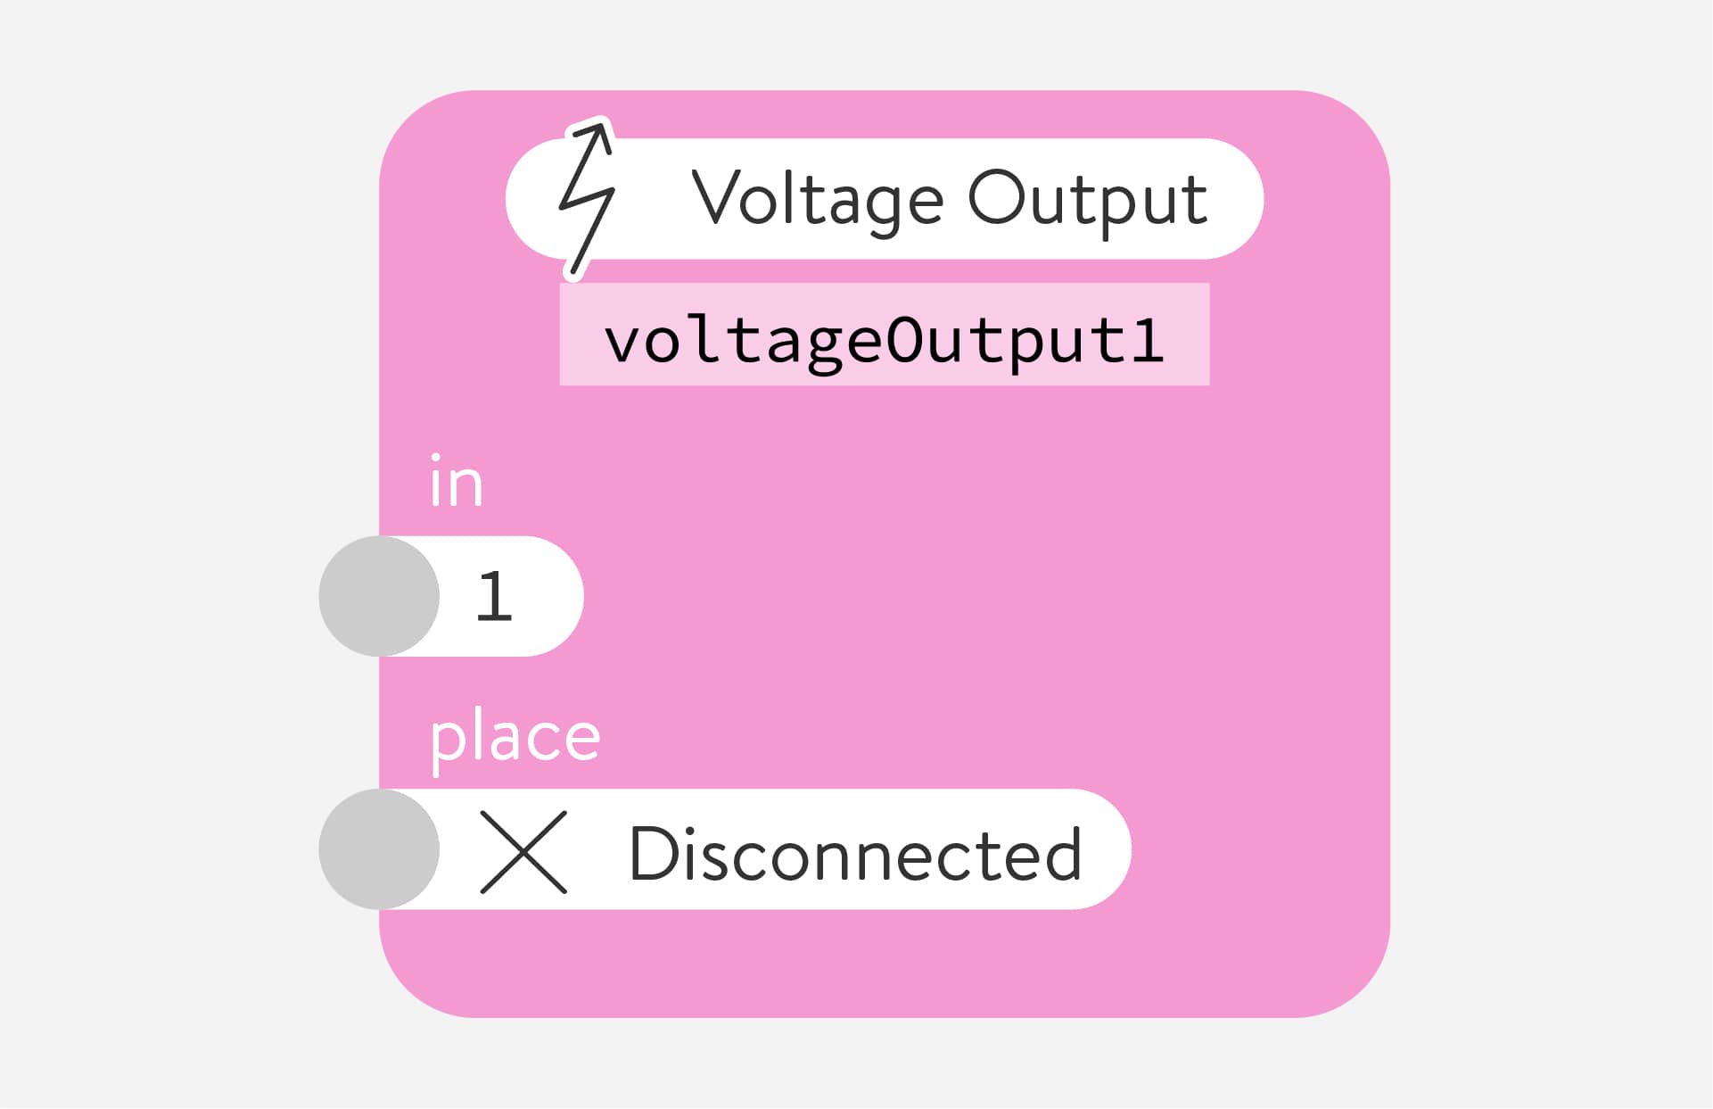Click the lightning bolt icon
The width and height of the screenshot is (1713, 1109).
(x=586, y=198)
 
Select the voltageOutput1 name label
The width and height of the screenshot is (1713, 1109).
(x=884, y=339)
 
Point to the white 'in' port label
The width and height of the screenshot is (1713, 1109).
(x=456, y=483)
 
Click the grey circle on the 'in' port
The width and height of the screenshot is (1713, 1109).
(x=379, y=596)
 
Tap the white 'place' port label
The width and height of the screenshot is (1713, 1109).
(x=515, y=737)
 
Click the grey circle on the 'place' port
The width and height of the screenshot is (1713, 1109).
(x=379, y=849)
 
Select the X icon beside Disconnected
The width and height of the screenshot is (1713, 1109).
(x=523, y=852)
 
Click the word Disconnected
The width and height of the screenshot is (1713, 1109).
(x=855, y=854)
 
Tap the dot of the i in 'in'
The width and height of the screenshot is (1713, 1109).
(x=436, y=458)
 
